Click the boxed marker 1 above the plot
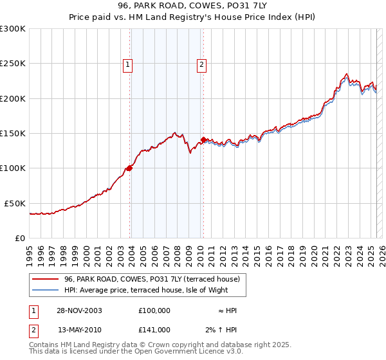[x=128, y=64]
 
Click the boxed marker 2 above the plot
[x=201, y=64]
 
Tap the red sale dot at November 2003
[x=130, y=168]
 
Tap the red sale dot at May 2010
[x=203, y=139]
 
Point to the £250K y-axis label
[x=13, y=64]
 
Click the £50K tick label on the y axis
[x=15, y=203]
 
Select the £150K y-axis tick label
[x=13, y=133]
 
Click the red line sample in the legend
[x=46, y=279]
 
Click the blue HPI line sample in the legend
[x=46, y=290]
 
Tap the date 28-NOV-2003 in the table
[x=79, y=310]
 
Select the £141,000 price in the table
[x=154, y=330]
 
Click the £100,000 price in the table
[x=154, y=310]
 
